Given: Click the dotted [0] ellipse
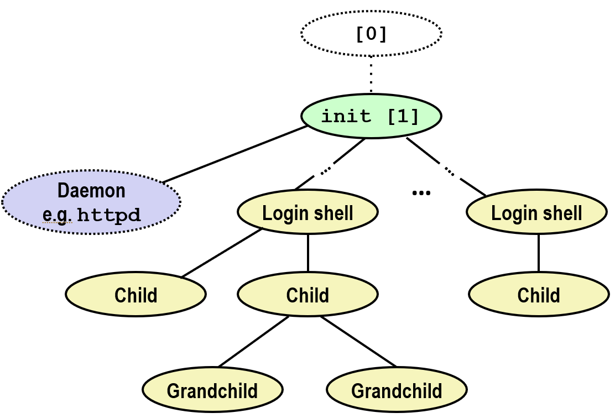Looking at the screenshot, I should point(371,34).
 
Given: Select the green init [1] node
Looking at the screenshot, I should point(371,116).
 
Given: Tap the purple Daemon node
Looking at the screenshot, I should point(91,202).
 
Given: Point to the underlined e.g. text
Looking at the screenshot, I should point(57,216).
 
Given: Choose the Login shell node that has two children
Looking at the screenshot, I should point(307,212).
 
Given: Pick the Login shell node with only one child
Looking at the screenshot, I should point(536,212).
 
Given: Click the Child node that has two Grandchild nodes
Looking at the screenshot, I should point(307,295).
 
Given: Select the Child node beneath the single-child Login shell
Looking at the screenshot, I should point(539,295).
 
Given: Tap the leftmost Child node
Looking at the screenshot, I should point(136,295).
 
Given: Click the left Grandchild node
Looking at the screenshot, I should point(212,390).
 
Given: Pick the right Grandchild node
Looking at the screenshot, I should point(397,390).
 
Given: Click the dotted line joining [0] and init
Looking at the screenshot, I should point(371,75).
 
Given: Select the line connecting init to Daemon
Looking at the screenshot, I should point(235,154).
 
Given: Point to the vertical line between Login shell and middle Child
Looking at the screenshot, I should point(307,253).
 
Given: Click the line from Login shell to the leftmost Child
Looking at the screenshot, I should point(221,253).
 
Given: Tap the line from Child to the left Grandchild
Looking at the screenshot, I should point(253,342).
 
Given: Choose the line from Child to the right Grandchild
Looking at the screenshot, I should point(358,342).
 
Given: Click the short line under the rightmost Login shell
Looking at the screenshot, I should point(539,253).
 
